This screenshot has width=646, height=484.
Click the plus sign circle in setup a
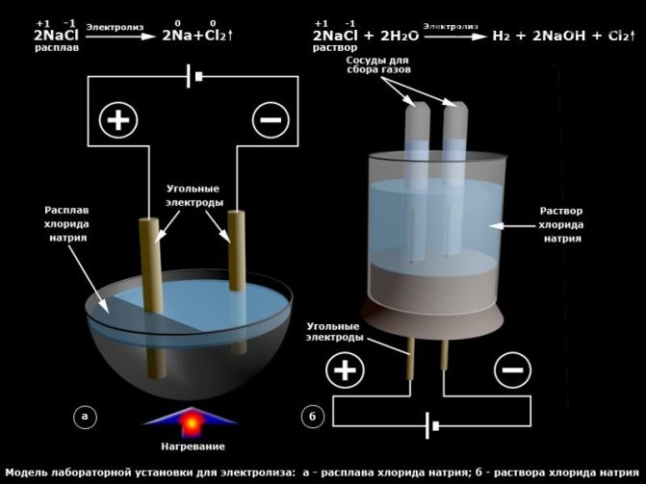click(121, 120)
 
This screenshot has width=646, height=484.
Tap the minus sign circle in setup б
click(513, 370)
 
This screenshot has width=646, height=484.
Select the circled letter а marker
click(85, 416)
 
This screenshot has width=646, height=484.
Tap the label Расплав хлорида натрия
click(67, 222)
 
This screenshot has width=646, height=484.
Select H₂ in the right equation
click(501, 36)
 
